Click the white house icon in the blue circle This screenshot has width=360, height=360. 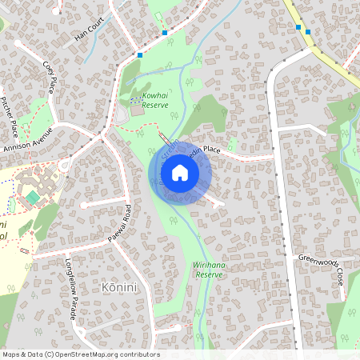(180, 173)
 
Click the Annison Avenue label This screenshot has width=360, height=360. (28, 140)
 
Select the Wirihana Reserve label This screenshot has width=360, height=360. (207, 269)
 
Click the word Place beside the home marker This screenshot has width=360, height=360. (211, 149)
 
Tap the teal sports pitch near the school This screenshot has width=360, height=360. (31, 196)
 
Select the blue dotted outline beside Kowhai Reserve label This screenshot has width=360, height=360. (134, 100)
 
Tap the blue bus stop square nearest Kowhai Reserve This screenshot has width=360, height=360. (139, 55)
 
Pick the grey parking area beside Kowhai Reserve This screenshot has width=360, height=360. (122, 116)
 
